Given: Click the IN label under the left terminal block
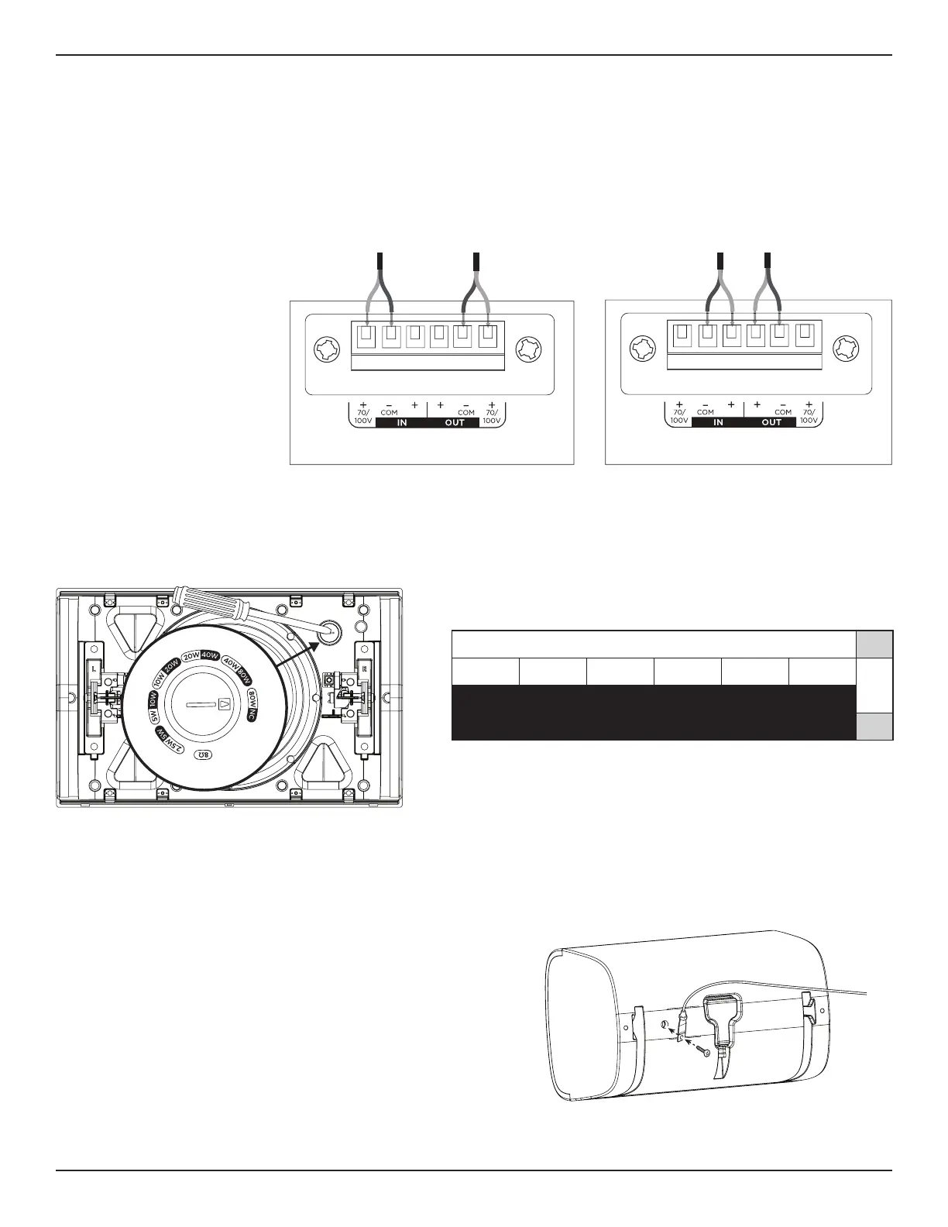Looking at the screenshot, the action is point(401,423).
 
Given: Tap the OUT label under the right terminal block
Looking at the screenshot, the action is point(771,423).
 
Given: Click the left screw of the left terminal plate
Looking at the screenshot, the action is point(324,349).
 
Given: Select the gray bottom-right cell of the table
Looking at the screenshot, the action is point(874,727).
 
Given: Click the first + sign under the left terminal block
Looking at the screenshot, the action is point(363,405).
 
